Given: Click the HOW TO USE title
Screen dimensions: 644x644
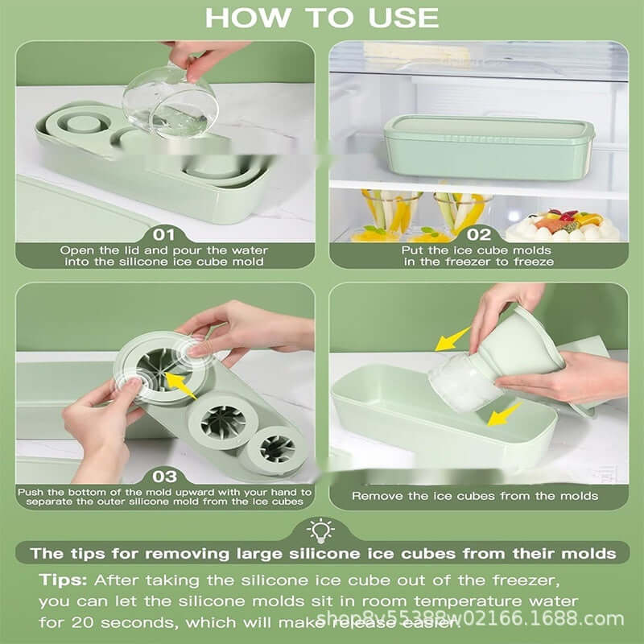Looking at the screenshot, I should (322, 17).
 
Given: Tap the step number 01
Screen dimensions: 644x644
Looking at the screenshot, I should (163, 234).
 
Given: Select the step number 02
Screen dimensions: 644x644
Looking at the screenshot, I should (478, 234).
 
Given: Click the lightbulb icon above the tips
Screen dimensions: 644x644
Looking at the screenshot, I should (322, 529).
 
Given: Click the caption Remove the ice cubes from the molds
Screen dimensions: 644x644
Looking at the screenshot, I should (475, 496).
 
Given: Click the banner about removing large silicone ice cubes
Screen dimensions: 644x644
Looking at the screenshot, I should (322, 554).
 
